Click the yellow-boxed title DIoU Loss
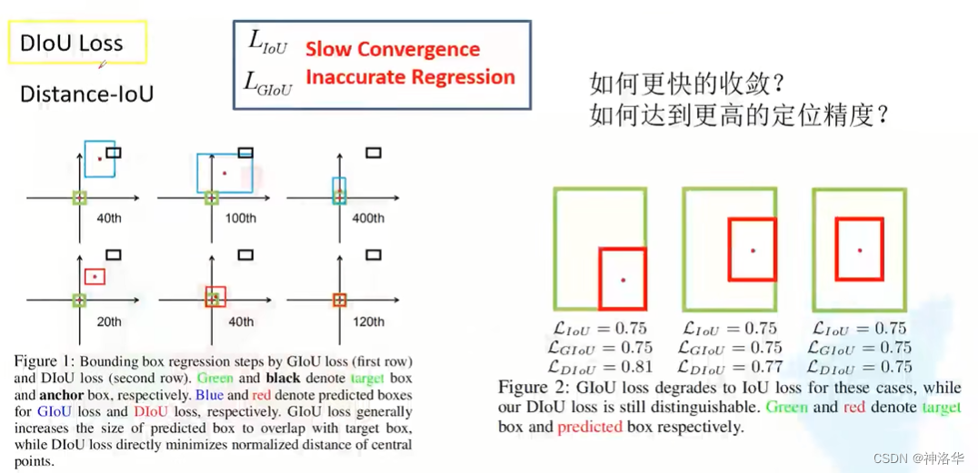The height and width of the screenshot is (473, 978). pyautogui.click(x=71, y=44)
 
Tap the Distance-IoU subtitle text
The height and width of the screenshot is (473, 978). pyautogui.click(x=86, y=94)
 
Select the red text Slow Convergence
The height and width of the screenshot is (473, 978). pyautogui.click(x=392, y=49)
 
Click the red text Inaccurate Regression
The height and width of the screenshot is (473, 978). pyautogui.click(x=410, y=77)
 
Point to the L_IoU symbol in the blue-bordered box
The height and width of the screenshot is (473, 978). pyautogui.click(x=267, y=41)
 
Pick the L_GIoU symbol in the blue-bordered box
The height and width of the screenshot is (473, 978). pyautogui.click(x=268, y=84)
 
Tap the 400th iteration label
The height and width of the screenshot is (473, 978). pyautogui.click(x=369, y=218)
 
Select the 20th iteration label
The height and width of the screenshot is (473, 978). pyautogui.click(x=110, y=320)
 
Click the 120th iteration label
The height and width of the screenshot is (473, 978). pyautogui.click(x=369, y=320)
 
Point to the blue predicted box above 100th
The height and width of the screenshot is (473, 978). pyautogui.click(x=225, y=173)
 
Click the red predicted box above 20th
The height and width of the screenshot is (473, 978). pyautogui.click(x=95, y=275)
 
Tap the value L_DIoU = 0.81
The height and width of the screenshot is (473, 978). pyautogui.click(x=600, y=367)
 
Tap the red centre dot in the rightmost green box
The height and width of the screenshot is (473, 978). pyautogui.click(x=859, y=250)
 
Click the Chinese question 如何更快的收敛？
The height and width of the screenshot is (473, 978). pyautogui.click(x=686, y=84)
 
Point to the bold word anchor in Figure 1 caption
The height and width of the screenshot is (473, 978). pyautogui.click(x=61, y=396)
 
